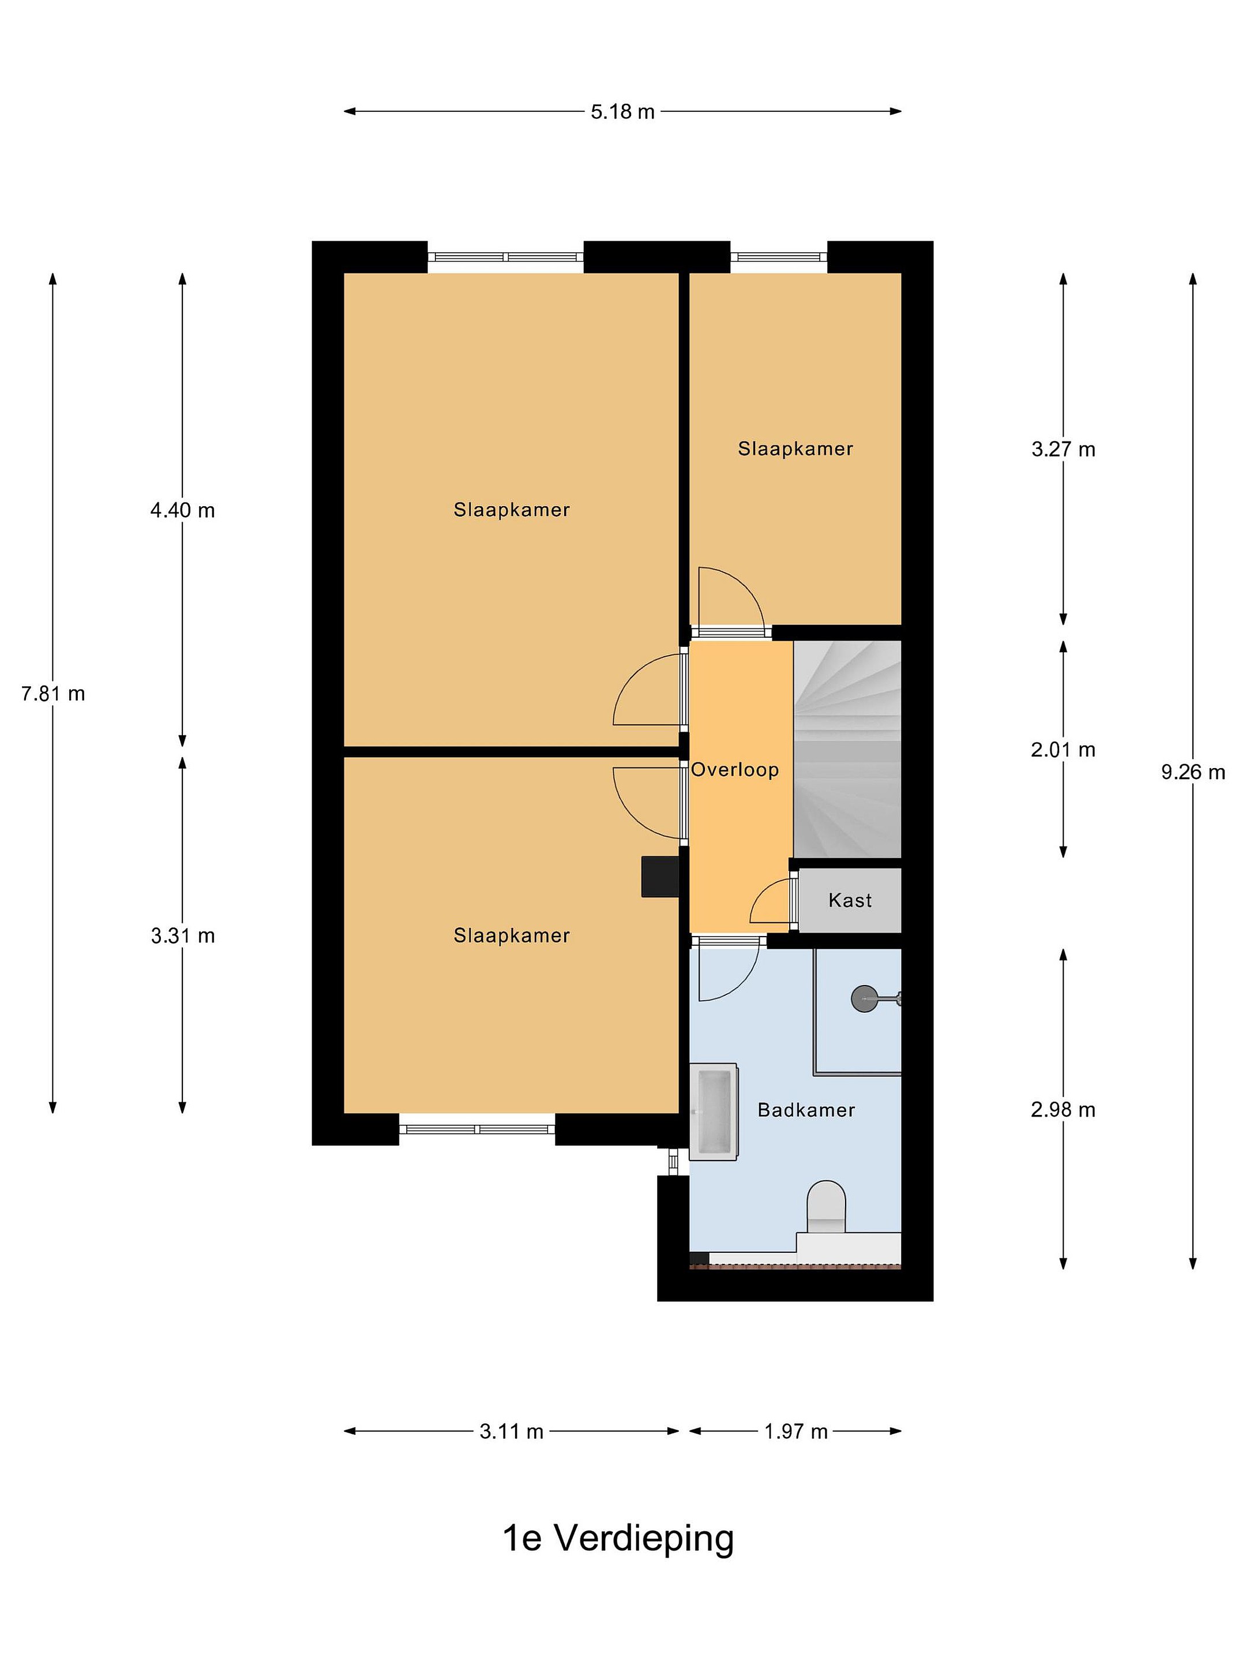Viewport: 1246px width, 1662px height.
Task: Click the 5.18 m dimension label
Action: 622,112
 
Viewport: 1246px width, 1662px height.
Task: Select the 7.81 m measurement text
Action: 53,694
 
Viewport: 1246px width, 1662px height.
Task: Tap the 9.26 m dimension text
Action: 1193,772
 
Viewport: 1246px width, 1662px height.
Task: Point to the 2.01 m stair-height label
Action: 1063,749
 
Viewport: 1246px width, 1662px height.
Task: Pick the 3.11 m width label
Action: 512,1431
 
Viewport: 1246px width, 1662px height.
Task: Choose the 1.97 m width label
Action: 796,1431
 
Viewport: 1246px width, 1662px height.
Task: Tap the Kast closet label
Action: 850,900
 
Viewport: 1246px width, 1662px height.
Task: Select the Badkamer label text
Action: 806,1110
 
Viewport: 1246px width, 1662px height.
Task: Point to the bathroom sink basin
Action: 714,1112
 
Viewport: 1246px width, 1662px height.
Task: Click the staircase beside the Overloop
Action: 847,749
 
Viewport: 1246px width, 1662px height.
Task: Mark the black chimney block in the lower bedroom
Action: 660,877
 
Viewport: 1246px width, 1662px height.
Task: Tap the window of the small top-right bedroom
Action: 779,257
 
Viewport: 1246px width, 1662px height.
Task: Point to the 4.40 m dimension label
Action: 182,511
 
